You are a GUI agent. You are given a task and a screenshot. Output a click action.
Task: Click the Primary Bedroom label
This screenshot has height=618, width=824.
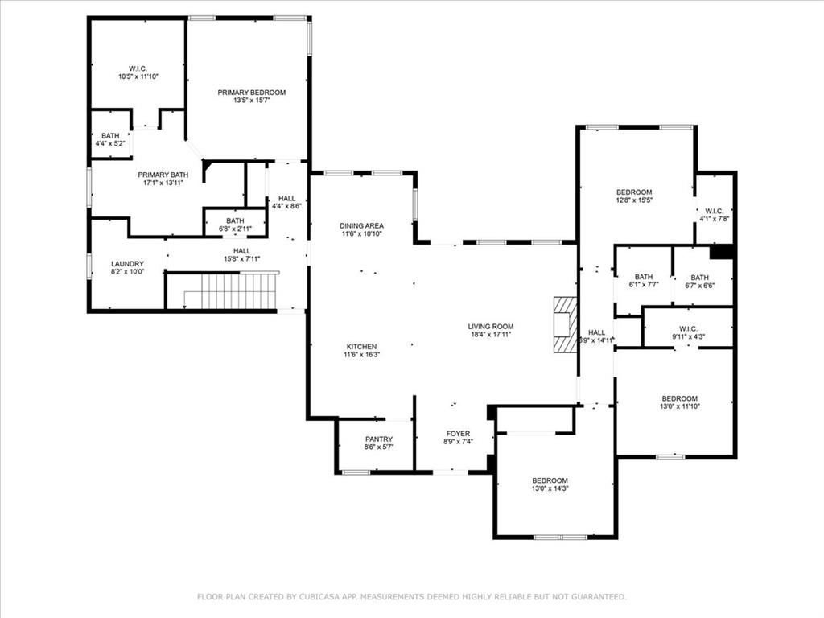pos(251,93)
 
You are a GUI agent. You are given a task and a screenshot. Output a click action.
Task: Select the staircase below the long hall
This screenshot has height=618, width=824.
pos(233,290)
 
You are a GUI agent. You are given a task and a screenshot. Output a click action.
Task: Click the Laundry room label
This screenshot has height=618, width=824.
pos(127,264)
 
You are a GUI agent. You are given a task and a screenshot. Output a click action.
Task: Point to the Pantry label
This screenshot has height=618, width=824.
pos(378,439)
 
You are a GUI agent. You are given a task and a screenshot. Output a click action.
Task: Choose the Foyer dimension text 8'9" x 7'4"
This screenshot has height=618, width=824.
pos(458,442)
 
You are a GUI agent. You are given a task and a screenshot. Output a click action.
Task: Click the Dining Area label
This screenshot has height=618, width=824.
pos(361,225)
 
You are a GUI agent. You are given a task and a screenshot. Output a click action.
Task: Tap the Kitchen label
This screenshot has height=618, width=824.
pos(361,346)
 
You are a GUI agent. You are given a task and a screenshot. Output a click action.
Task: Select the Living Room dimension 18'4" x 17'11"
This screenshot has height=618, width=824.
pos(490,335)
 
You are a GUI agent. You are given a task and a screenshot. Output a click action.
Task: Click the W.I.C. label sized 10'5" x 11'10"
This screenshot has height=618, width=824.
pos(138,68)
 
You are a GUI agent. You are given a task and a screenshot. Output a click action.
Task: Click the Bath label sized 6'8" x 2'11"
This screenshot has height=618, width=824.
pos(235,220)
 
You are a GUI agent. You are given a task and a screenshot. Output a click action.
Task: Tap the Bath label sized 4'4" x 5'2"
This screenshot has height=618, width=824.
pos(110,135)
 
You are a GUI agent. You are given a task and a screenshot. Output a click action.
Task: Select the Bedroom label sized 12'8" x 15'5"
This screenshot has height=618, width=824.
pos(634,192)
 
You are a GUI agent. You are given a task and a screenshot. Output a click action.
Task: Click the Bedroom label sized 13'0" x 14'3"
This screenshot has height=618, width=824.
pos(550,480)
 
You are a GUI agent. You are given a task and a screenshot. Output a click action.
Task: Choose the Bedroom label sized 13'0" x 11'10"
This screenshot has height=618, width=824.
pos(679,399)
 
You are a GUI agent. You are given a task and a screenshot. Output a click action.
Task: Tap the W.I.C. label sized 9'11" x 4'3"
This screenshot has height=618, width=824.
pos(687,328)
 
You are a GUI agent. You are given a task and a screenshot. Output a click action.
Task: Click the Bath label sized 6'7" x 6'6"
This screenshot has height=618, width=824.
pos(699,277)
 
